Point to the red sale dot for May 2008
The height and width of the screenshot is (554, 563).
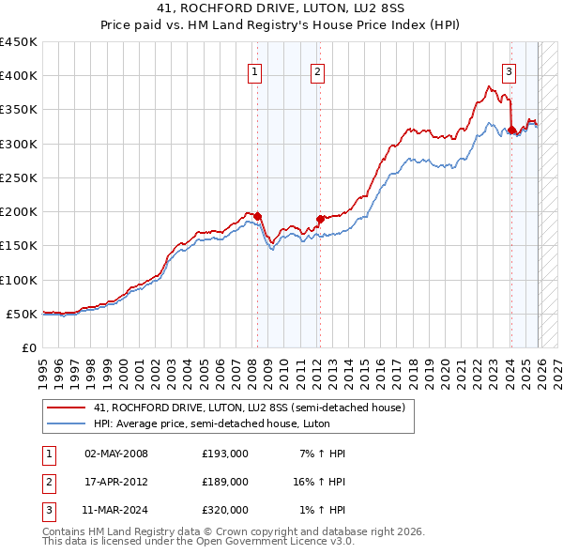tap(258, 216)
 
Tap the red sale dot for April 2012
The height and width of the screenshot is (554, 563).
tap(319, 219)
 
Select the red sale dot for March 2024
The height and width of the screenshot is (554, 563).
tap(510, 130)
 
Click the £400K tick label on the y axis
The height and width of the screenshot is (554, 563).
tap(18, 76)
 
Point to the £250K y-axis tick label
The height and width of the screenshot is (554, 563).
tap(18, 178)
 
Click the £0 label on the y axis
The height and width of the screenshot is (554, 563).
tap(30, 348)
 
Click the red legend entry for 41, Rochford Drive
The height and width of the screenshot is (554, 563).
tap(249, 408)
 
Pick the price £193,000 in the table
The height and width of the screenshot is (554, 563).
tap(224, 454)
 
